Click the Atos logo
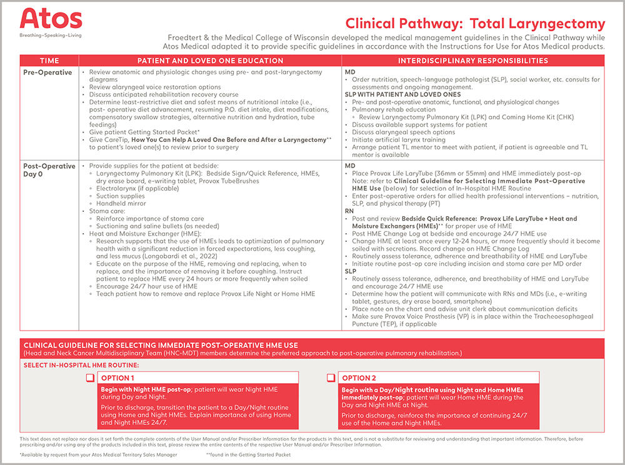(51, 19)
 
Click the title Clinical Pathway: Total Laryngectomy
(475, 24)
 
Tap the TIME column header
(49, 61)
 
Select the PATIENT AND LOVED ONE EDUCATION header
(210, 61)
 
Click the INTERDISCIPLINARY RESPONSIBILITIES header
(473, 61)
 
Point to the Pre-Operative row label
(47, 72)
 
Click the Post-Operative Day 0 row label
(48, 171)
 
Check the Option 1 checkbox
(90, 377)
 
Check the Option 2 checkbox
(331, 377)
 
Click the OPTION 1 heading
(117, 378)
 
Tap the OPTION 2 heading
(359, 378)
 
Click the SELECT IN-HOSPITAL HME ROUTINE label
(81, 364)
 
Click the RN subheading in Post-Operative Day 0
(349, 212)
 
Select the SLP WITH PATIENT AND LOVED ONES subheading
(393, 94)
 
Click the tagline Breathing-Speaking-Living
(51, 36)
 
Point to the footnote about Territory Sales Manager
(98, 455)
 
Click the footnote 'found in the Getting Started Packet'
(248, 455)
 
